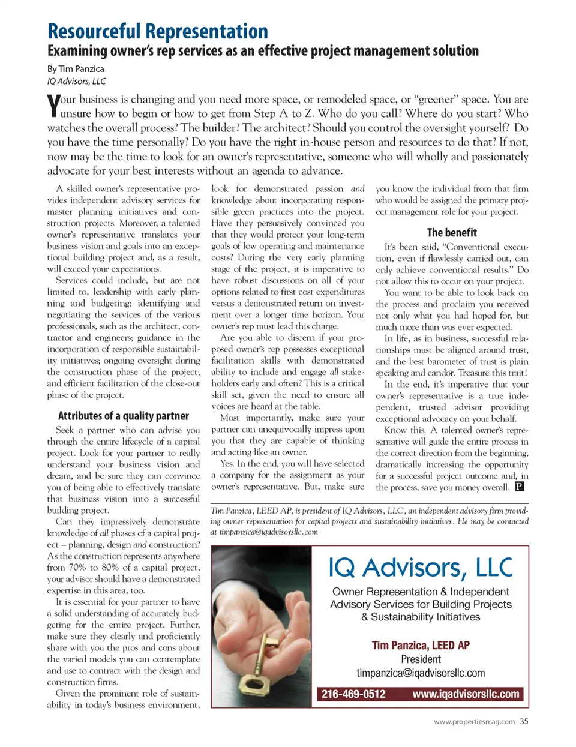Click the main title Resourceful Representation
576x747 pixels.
[x=158, y=31]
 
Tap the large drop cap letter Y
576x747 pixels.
[x=53, y=106]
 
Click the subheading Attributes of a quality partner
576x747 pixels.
[x=123, y=416]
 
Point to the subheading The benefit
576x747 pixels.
[x=452, y=233]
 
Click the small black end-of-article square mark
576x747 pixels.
[x=520, y=487]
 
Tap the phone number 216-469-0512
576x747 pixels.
[x=353, y=694]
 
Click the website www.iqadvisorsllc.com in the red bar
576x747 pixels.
[x=466, y=694]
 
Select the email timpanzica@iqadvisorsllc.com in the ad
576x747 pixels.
[x=421, y=673]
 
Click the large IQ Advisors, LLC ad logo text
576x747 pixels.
[x=421, y=568]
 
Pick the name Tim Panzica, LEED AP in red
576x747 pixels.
[x=421, y=646]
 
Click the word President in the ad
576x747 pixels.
[x=421, y=659]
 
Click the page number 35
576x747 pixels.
[x=524, y=722]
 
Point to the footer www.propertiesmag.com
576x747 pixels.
[x=474, y=722]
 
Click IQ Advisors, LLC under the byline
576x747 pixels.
[x=76, y=81]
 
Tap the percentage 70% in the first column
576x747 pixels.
[x=77, y=568]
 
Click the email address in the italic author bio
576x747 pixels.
[x=269, y=532]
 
